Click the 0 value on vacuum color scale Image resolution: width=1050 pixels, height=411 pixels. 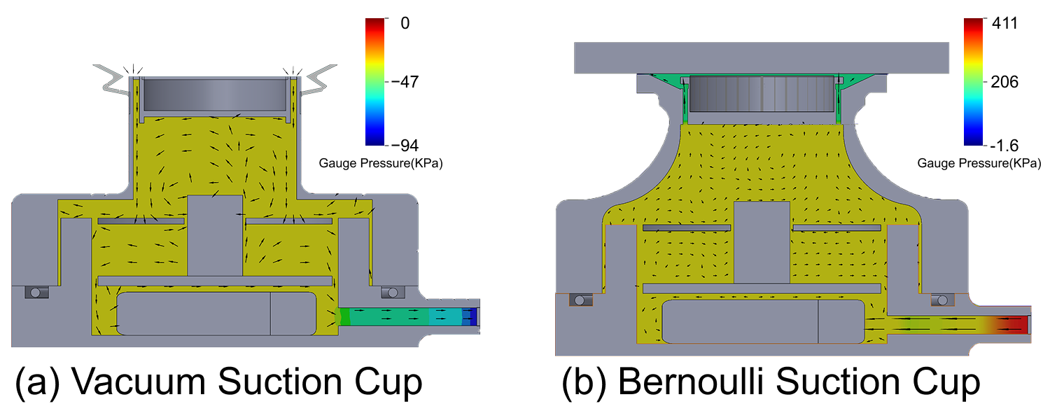[405, 24]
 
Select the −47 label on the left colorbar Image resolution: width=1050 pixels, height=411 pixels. [407, 82]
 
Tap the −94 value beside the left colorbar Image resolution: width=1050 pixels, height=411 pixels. [407, 145]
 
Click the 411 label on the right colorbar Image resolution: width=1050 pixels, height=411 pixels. [1005, 24]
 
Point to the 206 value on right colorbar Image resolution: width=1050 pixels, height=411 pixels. [1005, 82]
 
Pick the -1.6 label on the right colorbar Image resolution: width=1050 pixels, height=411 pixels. [1005, 145]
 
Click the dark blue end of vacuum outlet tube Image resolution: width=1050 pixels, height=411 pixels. [474, 317]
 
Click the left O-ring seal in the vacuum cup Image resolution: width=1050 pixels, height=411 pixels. [34, 292]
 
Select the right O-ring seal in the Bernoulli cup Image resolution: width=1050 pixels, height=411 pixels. [939, 300]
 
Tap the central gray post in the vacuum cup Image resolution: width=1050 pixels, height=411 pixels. [216, 235]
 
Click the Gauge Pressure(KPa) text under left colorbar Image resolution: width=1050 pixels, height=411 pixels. [381, 163]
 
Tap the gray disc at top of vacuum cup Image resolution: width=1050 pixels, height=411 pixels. [216, 93]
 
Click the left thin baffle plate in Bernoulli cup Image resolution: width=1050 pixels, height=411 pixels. [687, 228]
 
